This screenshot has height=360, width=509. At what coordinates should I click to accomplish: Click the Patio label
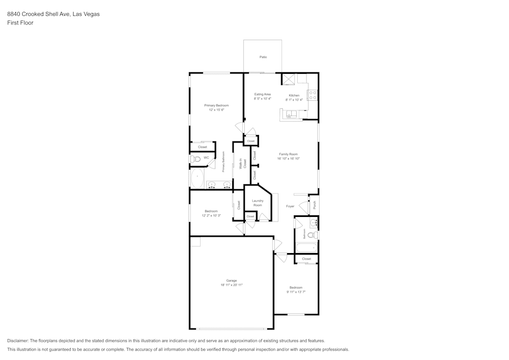263,57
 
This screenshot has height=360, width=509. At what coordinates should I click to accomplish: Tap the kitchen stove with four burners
313,95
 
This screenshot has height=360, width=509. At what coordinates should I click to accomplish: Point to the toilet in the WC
195,159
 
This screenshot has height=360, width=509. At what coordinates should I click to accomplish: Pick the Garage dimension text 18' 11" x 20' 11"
232,285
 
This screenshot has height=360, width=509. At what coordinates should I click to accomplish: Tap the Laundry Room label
258,203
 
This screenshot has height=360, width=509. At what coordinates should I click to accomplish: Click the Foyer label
290,206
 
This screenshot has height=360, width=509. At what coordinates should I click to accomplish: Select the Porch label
315,205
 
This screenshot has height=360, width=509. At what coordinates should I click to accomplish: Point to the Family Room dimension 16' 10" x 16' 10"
288,159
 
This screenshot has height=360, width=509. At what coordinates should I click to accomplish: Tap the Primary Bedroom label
216,105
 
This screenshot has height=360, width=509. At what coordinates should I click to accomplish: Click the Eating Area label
263,94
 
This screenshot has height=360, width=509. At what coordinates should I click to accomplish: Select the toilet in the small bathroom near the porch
316,235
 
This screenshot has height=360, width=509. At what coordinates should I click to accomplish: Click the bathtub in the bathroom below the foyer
306,248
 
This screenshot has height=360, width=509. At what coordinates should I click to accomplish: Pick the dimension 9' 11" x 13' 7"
296,292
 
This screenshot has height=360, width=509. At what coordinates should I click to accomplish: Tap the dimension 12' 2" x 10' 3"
211,215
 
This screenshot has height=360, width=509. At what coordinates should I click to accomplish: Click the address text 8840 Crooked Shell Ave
39,14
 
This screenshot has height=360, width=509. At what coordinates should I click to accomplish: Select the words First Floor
20,23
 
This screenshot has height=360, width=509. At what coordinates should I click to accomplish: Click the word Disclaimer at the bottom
18,341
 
